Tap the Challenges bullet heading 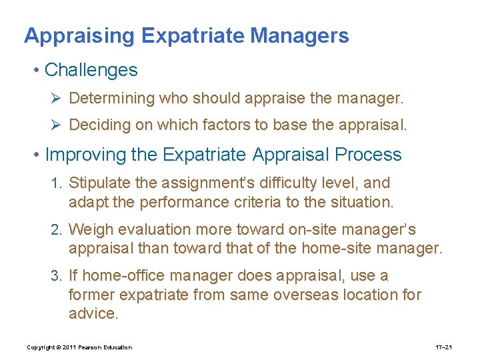[x=91, y=70]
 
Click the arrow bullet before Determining [x=57, y=99]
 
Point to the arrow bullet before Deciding [x=57, y=125]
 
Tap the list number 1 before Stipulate [x=56, y=183]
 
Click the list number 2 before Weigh [x=56, y=230]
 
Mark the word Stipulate [x=99, y=183]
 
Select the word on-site [x=311, y=230]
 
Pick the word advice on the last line [x=93, y=314]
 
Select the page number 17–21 [x=444, y=347]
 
